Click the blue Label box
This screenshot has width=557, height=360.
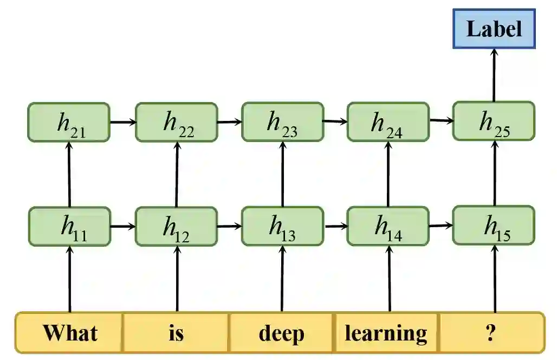pyautogui.click(x=494, y=29)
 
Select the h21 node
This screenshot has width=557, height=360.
pyautogui.click(x=69, y=123)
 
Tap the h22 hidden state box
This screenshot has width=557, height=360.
pyautogui.click(x=176, y=123)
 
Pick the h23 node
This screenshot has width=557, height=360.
pyautogui.click(x=282, y=122)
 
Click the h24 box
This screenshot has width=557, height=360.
pyautogui.click(x=388, y=122)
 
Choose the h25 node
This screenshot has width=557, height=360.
pyautogui.click(x=494, y=121)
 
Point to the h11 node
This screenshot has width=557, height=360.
pyautogui.click(x=69, y=226)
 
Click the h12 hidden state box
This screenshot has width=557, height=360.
pyautogui.click(x=176, y=226)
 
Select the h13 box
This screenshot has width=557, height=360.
pyautogui.click(x=282, y=226)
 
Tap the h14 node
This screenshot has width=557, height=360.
pyautogui.click(x=388, y=226)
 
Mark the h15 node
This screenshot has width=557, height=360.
pyautogui.click(x=494, y=225)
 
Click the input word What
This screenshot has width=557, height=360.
pyautogui.click(x=70, y=333)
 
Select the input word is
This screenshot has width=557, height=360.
pyautogui.click(x=176, y=333)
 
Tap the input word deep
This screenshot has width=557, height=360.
pyautogui.click(x=282, y=333)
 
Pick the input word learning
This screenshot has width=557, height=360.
pyautogui.click(x=386, y=333)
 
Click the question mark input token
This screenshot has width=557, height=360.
pyautogui.click(x=490, y=333)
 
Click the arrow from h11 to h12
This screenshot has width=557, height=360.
pyautogui.click(x=122, y=226)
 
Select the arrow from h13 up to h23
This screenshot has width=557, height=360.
pyautogui.click(x=282, y=173)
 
